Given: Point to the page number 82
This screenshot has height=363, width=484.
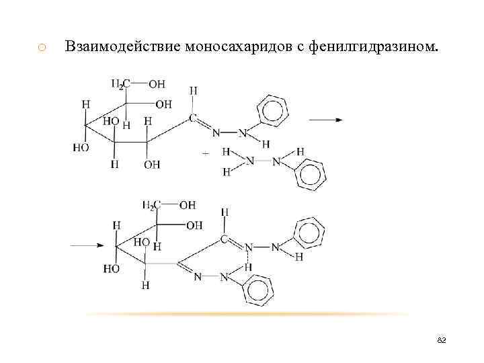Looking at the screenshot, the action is (442, 341).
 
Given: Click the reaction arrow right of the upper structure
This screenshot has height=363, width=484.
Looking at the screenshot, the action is (326, 120).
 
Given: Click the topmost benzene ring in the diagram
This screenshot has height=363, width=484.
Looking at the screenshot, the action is (274, 110).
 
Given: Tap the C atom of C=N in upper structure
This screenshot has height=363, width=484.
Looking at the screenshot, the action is (193, 118).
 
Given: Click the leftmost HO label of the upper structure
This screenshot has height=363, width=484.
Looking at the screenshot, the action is (81, 147).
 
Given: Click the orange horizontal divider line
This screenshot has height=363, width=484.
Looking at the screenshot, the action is (249, 315).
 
